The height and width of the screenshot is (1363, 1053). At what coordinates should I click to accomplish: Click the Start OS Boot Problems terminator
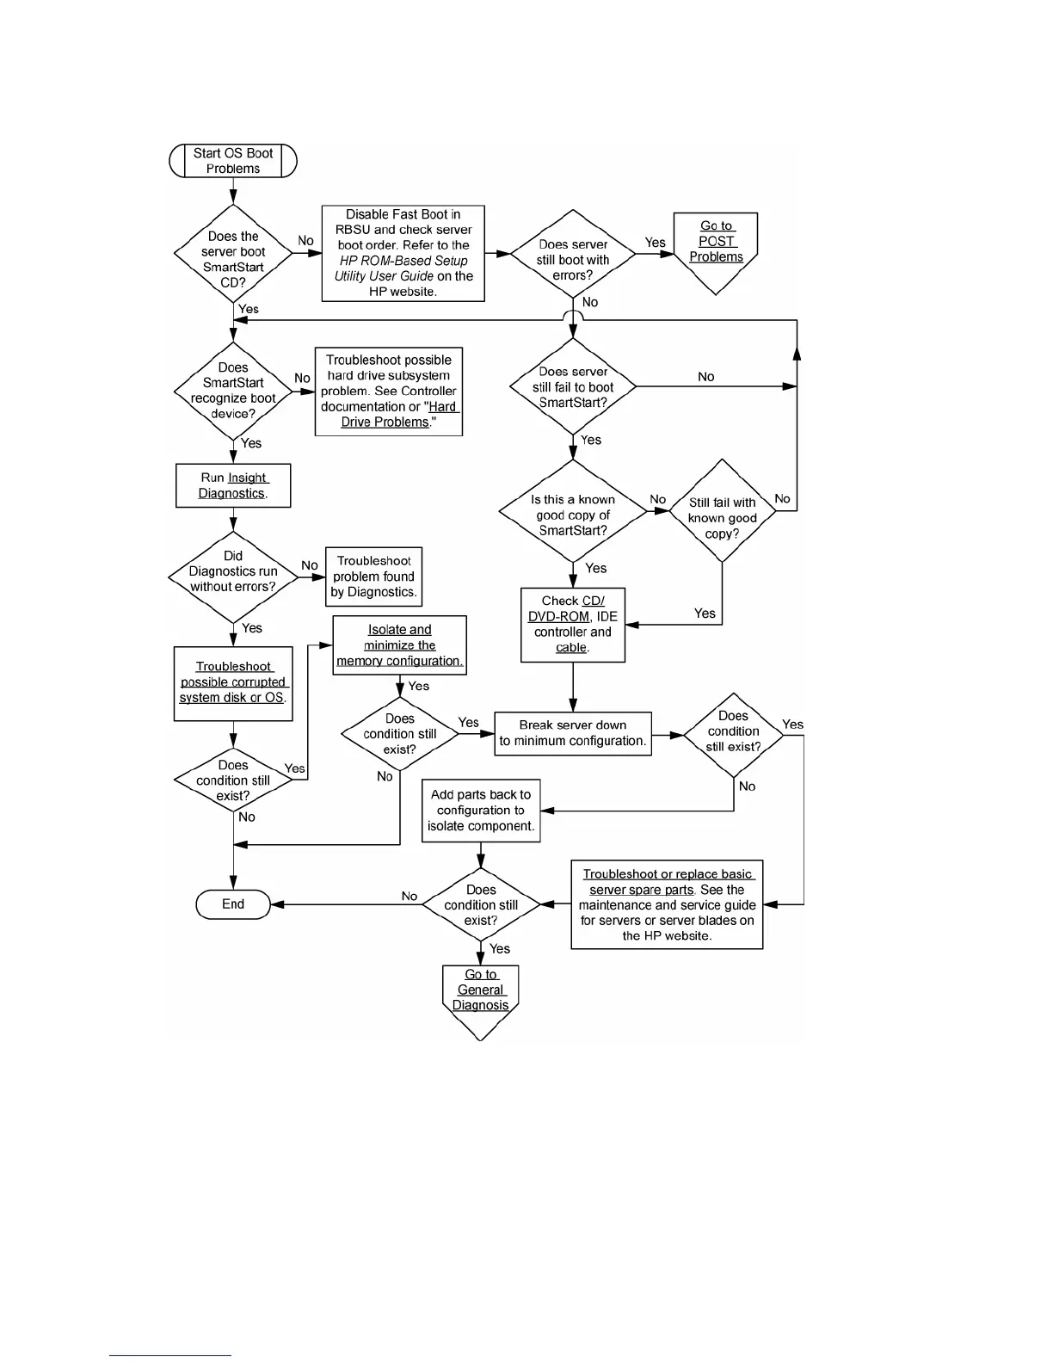tap(233, 161)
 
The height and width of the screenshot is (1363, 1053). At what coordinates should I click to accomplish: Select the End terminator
tap(233, 904)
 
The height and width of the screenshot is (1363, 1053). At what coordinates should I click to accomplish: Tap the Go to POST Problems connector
tap(716, 245)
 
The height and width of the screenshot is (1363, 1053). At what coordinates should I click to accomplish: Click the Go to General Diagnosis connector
tap(480, 994)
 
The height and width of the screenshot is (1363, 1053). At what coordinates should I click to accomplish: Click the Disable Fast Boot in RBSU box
tap(403, 253)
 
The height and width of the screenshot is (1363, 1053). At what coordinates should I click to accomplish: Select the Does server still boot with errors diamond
tap(573, 259)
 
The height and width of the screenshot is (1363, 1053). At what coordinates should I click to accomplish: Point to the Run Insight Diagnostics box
tap(233, 485)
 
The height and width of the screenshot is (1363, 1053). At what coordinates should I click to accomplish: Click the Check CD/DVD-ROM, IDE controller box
tap(573, 625)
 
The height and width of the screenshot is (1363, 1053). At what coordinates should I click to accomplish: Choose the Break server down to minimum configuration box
tap(573, 733)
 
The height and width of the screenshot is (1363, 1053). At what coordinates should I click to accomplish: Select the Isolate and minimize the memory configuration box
tap(399, 645)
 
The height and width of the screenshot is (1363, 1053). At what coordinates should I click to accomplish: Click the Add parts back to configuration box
tap(481, 811)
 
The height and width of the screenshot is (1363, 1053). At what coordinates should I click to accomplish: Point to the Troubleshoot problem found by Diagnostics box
tap(374, 577)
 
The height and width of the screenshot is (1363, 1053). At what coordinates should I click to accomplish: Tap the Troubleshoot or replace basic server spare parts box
tap(667, 905)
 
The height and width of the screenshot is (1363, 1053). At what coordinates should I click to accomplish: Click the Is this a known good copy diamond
tap(573, 515)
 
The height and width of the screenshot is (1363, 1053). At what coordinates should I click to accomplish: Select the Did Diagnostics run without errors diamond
tap(233, 572)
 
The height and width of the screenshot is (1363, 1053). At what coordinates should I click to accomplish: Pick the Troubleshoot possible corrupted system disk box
tap(233, 682)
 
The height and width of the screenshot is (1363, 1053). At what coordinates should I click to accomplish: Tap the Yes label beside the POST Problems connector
tap(656, 243)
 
